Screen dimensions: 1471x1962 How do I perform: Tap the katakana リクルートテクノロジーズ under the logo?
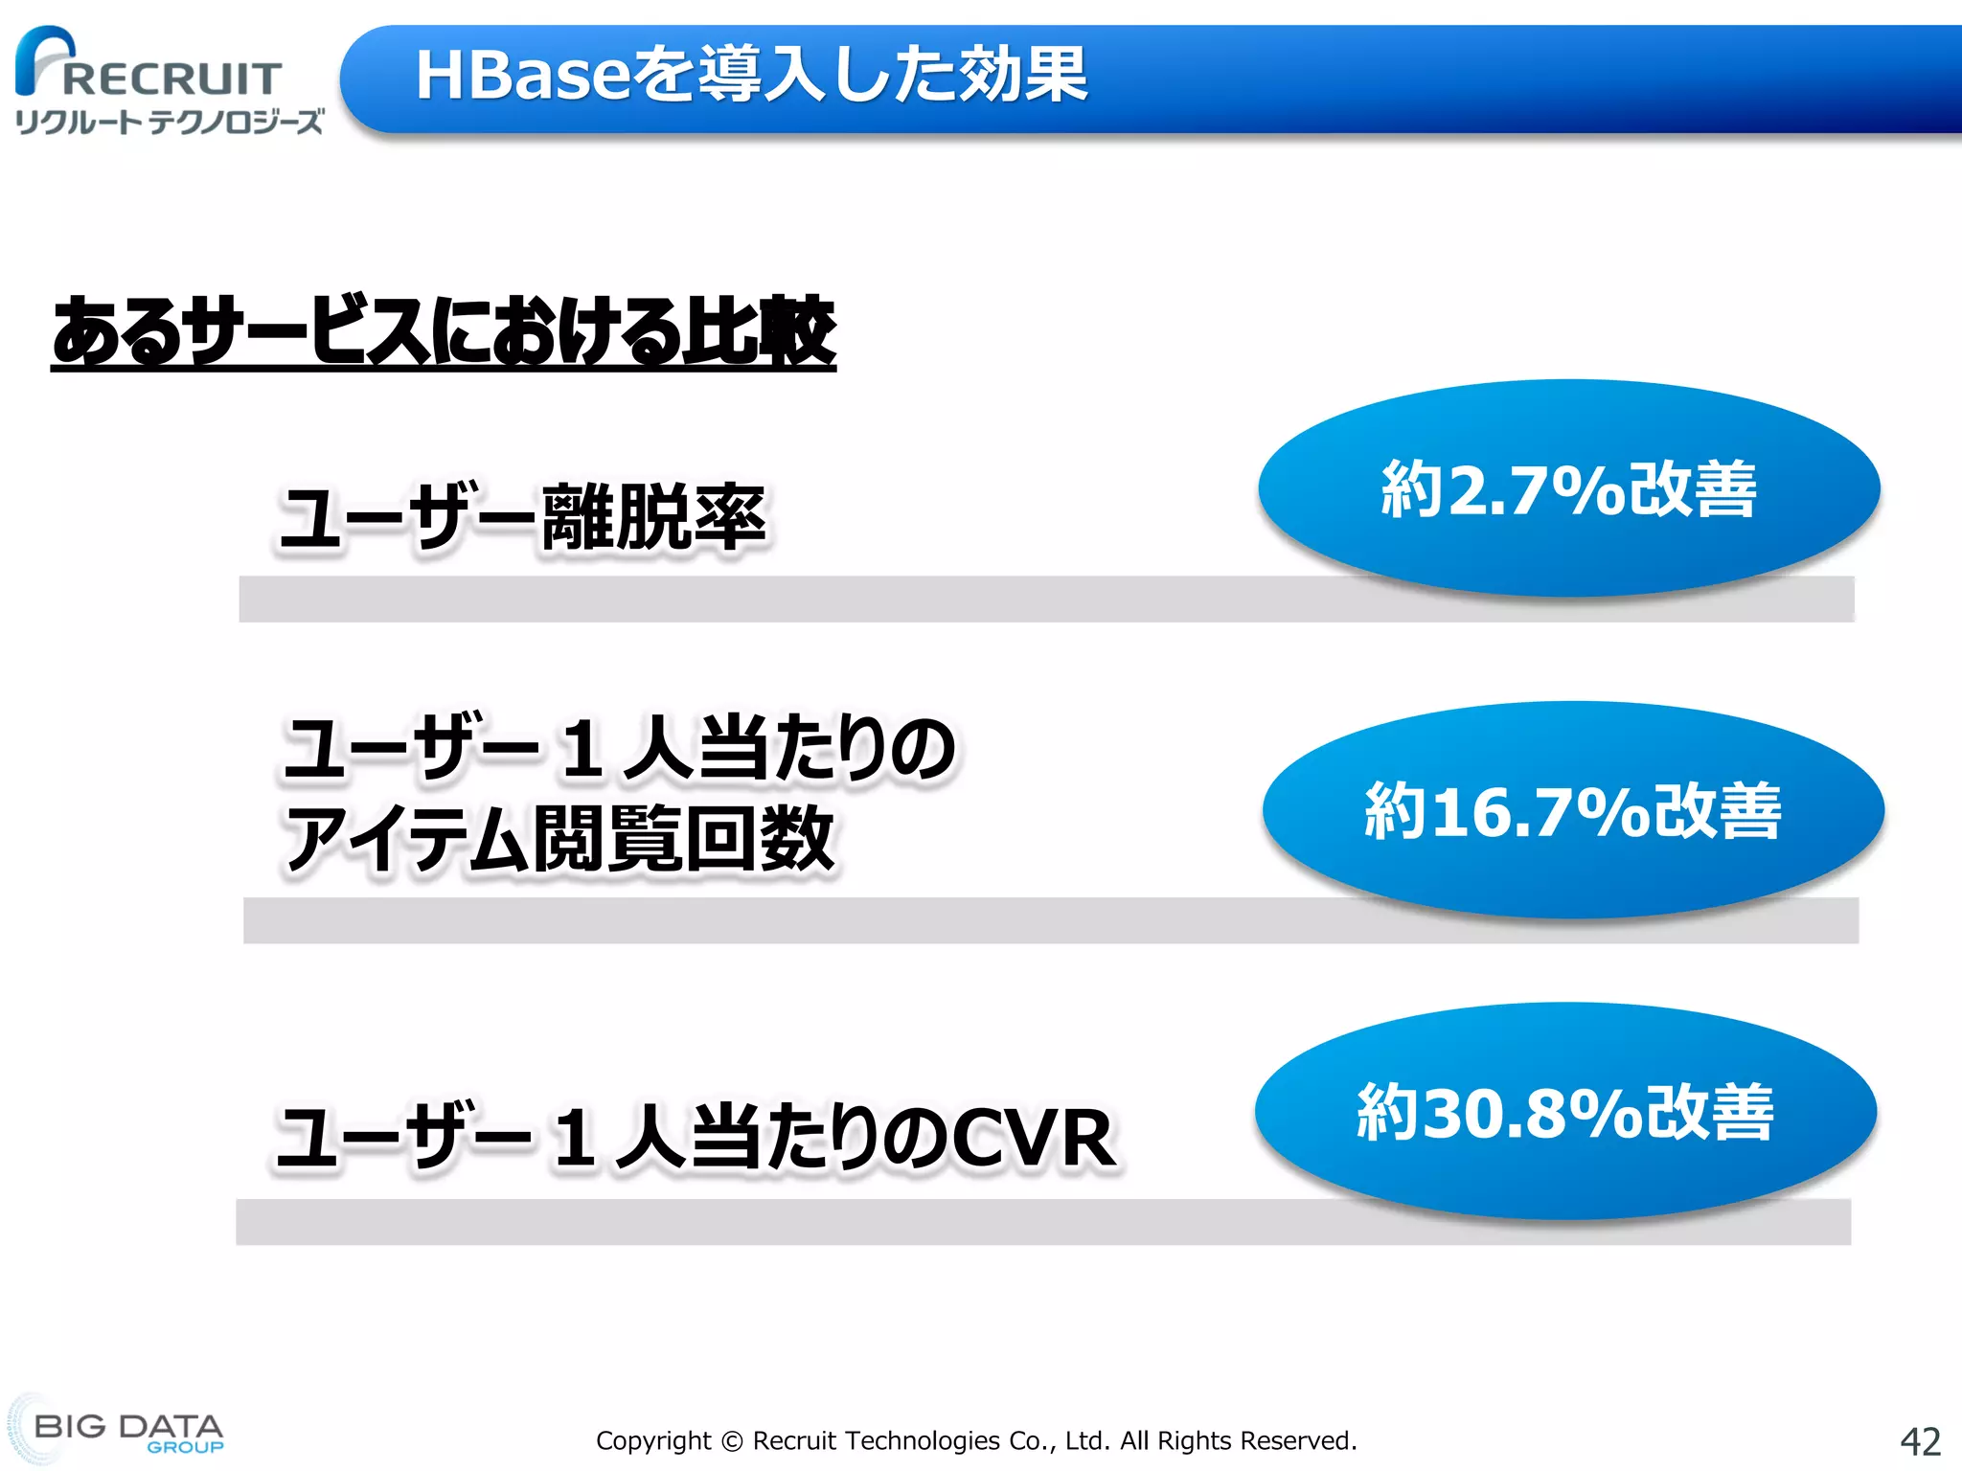[170, 123]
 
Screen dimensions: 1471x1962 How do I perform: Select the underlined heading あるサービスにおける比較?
[443, 331]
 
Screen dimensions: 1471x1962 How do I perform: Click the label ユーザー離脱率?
[522, 518]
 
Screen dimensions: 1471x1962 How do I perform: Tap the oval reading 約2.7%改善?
[1568, 488]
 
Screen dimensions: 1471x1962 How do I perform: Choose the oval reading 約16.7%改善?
[1572, 810]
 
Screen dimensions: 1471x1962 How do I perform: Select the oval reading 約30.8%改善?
[1564, 1111]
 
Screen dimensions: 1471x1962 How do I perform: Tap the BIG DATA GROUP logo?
[120, 1431]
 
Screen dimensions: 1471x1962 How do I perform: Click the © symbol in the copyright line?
[731, 1441]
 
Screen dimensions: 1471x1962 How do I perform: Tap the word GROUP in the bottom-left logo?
[185, 1447]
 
